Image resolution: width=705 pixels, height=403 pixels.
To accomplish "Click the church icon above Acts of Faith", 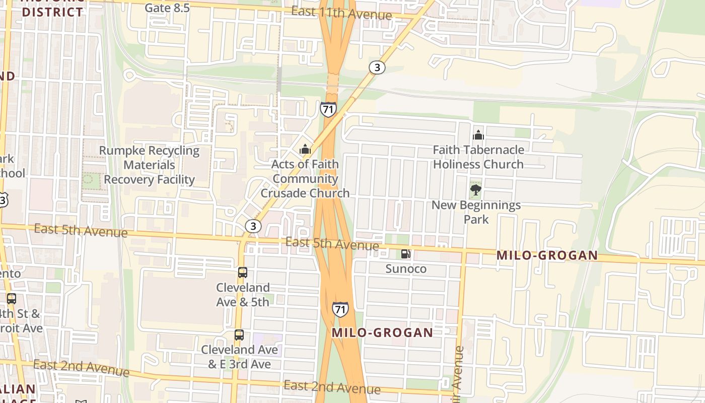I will click(x=305, y=150).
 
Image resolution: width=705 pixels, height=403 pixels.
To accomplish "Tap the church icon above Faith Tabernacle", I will click(x=478, y=135).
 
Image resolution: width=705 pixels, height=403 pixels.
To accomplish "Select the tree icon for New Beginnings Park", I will click(x=475, y=190).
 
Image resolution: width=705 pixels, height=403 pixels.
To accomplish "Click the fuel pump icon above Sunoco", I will click(x=405, y=254).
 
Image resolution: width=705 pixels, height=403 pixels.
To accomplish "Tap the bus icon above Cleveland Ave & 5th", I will click(x=243, y=273).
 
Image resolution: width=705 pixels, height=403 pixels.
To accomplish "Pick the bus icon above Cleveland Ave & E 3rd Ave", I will click(x=239, y=335).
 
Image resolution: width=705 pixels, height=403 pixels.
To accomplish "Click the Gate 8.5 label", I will click(x=167, y=8).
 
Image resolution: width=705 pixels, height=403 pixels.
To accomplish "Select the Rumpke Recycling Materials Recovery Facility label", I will click(x=149, y=165).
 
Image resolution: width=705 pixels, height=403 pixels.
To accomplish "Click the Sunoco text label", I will click(x=406, y=268).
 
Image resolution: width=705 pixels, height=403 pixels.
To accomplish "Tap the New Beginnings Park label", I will click(x=476, y=212).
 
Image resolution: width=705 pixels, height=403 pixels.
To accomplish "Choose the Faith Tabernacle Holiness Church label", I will click(x=478, y=157).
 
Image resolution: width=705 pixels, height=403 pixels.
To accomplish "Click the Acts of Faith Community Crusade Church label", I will click(x=305, y=178).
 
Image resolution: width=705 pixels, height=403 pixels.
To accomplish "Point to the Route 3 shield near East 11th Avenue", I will click(x=377, y=68).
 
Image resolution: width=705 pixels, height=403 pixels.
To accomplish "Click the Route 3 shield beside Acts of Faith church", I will click(x=253, y=226).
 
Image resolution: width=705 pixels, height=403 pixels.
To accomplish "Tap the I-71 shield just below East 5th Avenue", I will click(x=340, y=309).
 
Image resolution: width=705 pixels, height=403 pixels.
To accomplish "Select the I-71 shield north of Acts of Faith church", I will click(x=328, y=109).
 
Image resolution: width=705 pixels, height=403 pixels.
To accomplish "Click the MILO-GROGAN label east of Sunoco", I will click(x=547, y=255).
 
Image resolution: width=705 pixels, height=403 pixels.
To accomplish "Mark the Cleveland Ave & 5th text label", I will click(x=243, y=295).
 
